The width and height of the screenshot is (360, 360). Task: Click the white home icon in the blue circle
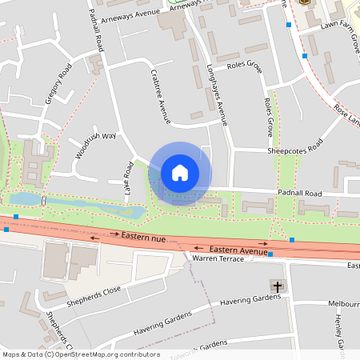click(180, 172)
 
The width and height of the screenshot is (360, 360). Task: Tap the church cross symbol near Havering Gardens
click(278, 286)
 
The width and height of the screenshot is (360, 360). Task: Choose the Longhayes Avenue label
click(217, 94)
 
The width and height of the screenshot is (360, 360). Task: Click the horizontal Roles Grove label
click(245, 66)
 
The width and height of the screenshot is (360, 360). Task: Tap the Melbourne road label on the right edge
click(344, 304)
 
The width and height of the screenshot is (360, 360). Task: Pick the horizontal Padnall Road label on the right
click(299, 194)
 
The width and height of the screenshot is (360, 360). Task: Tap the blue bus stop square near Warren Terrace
click(270, 254)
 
